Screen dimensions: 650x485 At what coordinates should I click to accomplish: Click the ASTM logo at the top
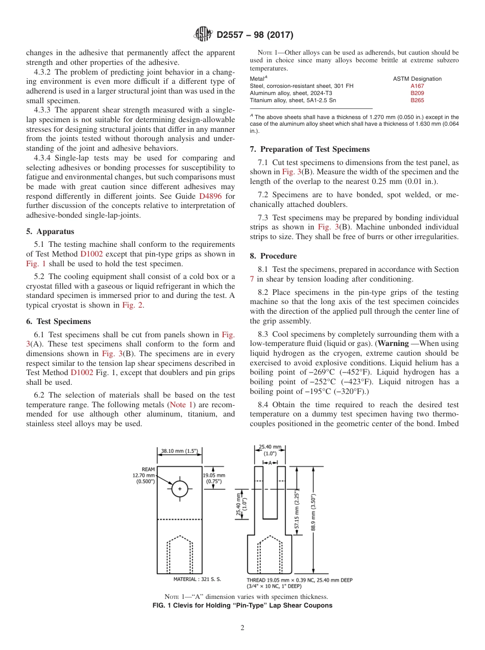pos(204,35)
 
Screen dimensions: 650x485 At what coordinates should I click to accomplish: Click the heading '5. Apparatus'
pos(50,231)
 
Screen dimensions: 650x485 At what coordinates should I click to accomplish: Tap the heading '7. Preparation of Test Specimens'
pos(309,149)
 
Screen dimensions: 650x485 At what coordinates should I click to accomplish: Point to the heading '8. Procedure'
pos(273,256)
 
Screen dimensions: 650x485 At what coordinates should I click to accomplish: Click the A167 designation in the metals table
pos(417,86)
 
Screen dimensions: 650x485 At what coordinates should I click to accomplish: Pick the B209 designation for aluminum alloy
pos(417,94)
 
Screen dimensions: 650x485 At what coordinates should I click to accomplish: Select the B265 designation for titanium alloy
pos(417,101)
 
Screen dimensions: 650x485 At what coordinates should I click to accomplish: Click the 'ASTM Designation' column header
pos(417,79)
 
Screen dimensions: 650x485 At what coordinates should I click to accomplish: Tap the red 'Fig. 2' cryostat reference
pos(132,306)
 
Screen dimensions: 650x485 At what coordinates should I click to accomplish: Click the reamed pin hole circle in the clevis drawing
pos(179,489)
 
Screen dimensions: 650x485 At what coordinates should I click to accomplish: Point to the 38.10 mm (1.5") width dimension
pos(179,451)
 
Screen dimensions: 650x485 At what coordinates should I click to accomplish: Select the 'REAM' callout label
pos(148,469)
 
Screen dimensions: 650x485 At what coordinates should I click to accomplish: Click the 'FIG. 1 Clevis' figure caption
pos(243,606)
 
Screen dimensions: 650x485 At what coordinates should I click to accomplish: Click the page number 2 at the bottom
pos(243,628)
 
